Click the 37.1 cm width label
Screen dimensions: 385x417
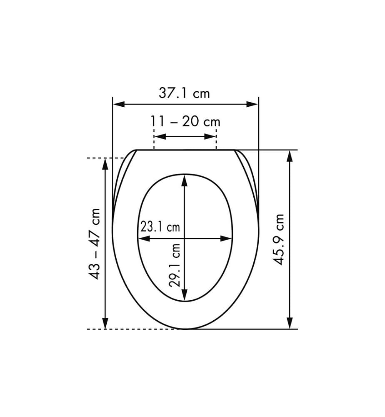tap(184, 93)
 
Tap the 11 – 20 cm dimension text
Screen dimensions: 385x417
tap(185, 121)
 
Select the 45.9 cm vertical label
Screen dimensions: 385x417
tap(279, 239)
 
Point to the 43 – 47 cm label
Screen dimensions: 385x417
tap(95, 244)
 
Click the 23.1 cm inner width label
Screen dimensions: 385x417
tap(160, 227)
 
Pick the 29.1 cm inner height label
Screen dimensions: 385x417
tap(175, 265)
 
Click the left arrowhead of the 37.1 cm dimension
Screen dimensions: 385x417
tap(119, 104)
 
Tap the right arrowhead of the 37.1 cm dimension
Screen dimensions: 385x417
tap(252, 104)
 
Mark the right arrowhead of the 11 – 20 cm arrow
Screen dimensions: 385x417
tap(210, 137)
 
